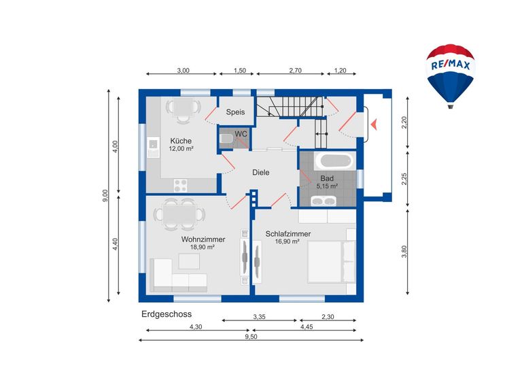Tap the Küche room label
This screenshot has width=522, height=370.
coord(181,141)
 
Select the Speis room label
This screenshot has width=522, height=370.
coord(235,112)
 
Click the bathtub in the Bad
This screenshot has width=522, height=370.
coord(334,161)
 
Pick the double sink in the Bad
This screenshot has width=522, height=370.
coord(324,201)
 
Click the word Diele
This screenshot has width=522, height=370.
coord(261,173)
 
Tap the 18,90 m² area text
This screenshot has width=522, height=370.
coord(202,247)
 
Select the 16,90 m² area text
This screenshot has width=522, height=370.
coord(287,241)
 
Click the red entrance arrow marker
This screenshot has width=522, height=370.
coord(375,124)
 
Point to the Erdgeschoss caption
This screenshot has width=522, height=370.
coord(167,314)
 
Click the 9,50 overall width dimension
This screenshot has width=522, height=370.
coord(251,337)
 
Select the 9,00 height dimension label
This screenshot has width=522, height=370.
coord(105,195)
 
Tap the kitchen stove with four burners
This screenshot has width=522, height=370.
coord(180,186)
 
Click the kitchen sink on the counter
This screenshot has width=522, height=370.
coord(153,147)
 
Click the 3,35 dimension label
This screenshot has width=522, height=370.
coord(260,317)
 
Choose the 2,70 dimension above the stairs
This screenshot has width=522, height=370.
coord(295,70)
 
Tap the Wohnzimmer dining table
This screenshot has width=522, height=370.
coord(179,214)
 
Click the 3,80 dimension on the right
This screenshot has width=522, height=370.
coord(404,252)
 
